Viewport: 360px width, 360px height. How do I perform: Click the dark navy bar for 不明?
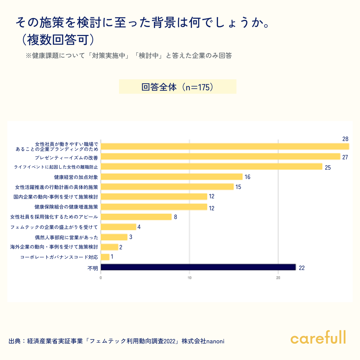point(198,267)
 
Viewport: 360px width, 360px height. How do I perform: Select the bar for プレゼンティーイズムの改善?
point(220,157)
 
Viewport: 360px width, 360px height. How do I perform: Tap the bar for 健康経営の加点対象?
point(171,177)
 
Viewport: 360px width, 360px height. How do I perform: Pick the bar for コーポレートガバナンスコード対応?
point(105,257)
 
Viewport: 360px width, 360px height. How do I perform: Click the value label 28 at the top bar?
point(345,139)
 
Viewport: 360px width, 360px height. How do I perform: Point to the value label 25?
point(328,167)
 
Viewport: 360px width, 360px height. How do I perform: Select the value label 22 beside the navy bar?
point(302,268)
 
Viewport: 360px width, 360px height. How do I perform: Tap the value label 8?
point(175,217)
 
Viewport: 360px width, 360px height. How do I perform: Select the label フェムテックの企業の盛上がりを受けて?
point(54,227)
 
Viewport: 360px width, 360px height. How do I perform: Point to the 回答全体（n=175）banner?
point(178,87)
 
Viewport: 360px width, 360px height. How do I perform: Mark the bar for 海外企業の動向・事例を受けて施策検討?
point(109,247)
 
